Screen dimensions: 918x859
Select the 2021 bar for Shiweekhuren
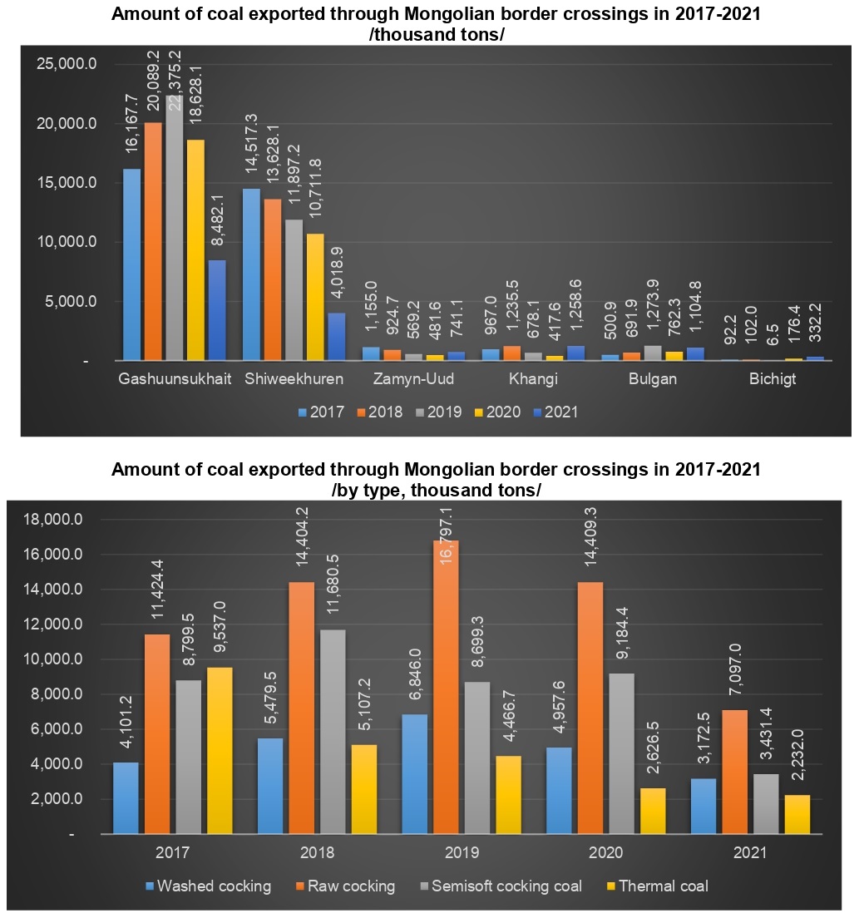[x=337, y=337]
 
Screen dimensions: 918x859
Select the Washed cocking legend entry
[x=210, y=886]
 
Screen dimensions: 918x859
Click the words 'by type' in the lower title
[x=375, y=491]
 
